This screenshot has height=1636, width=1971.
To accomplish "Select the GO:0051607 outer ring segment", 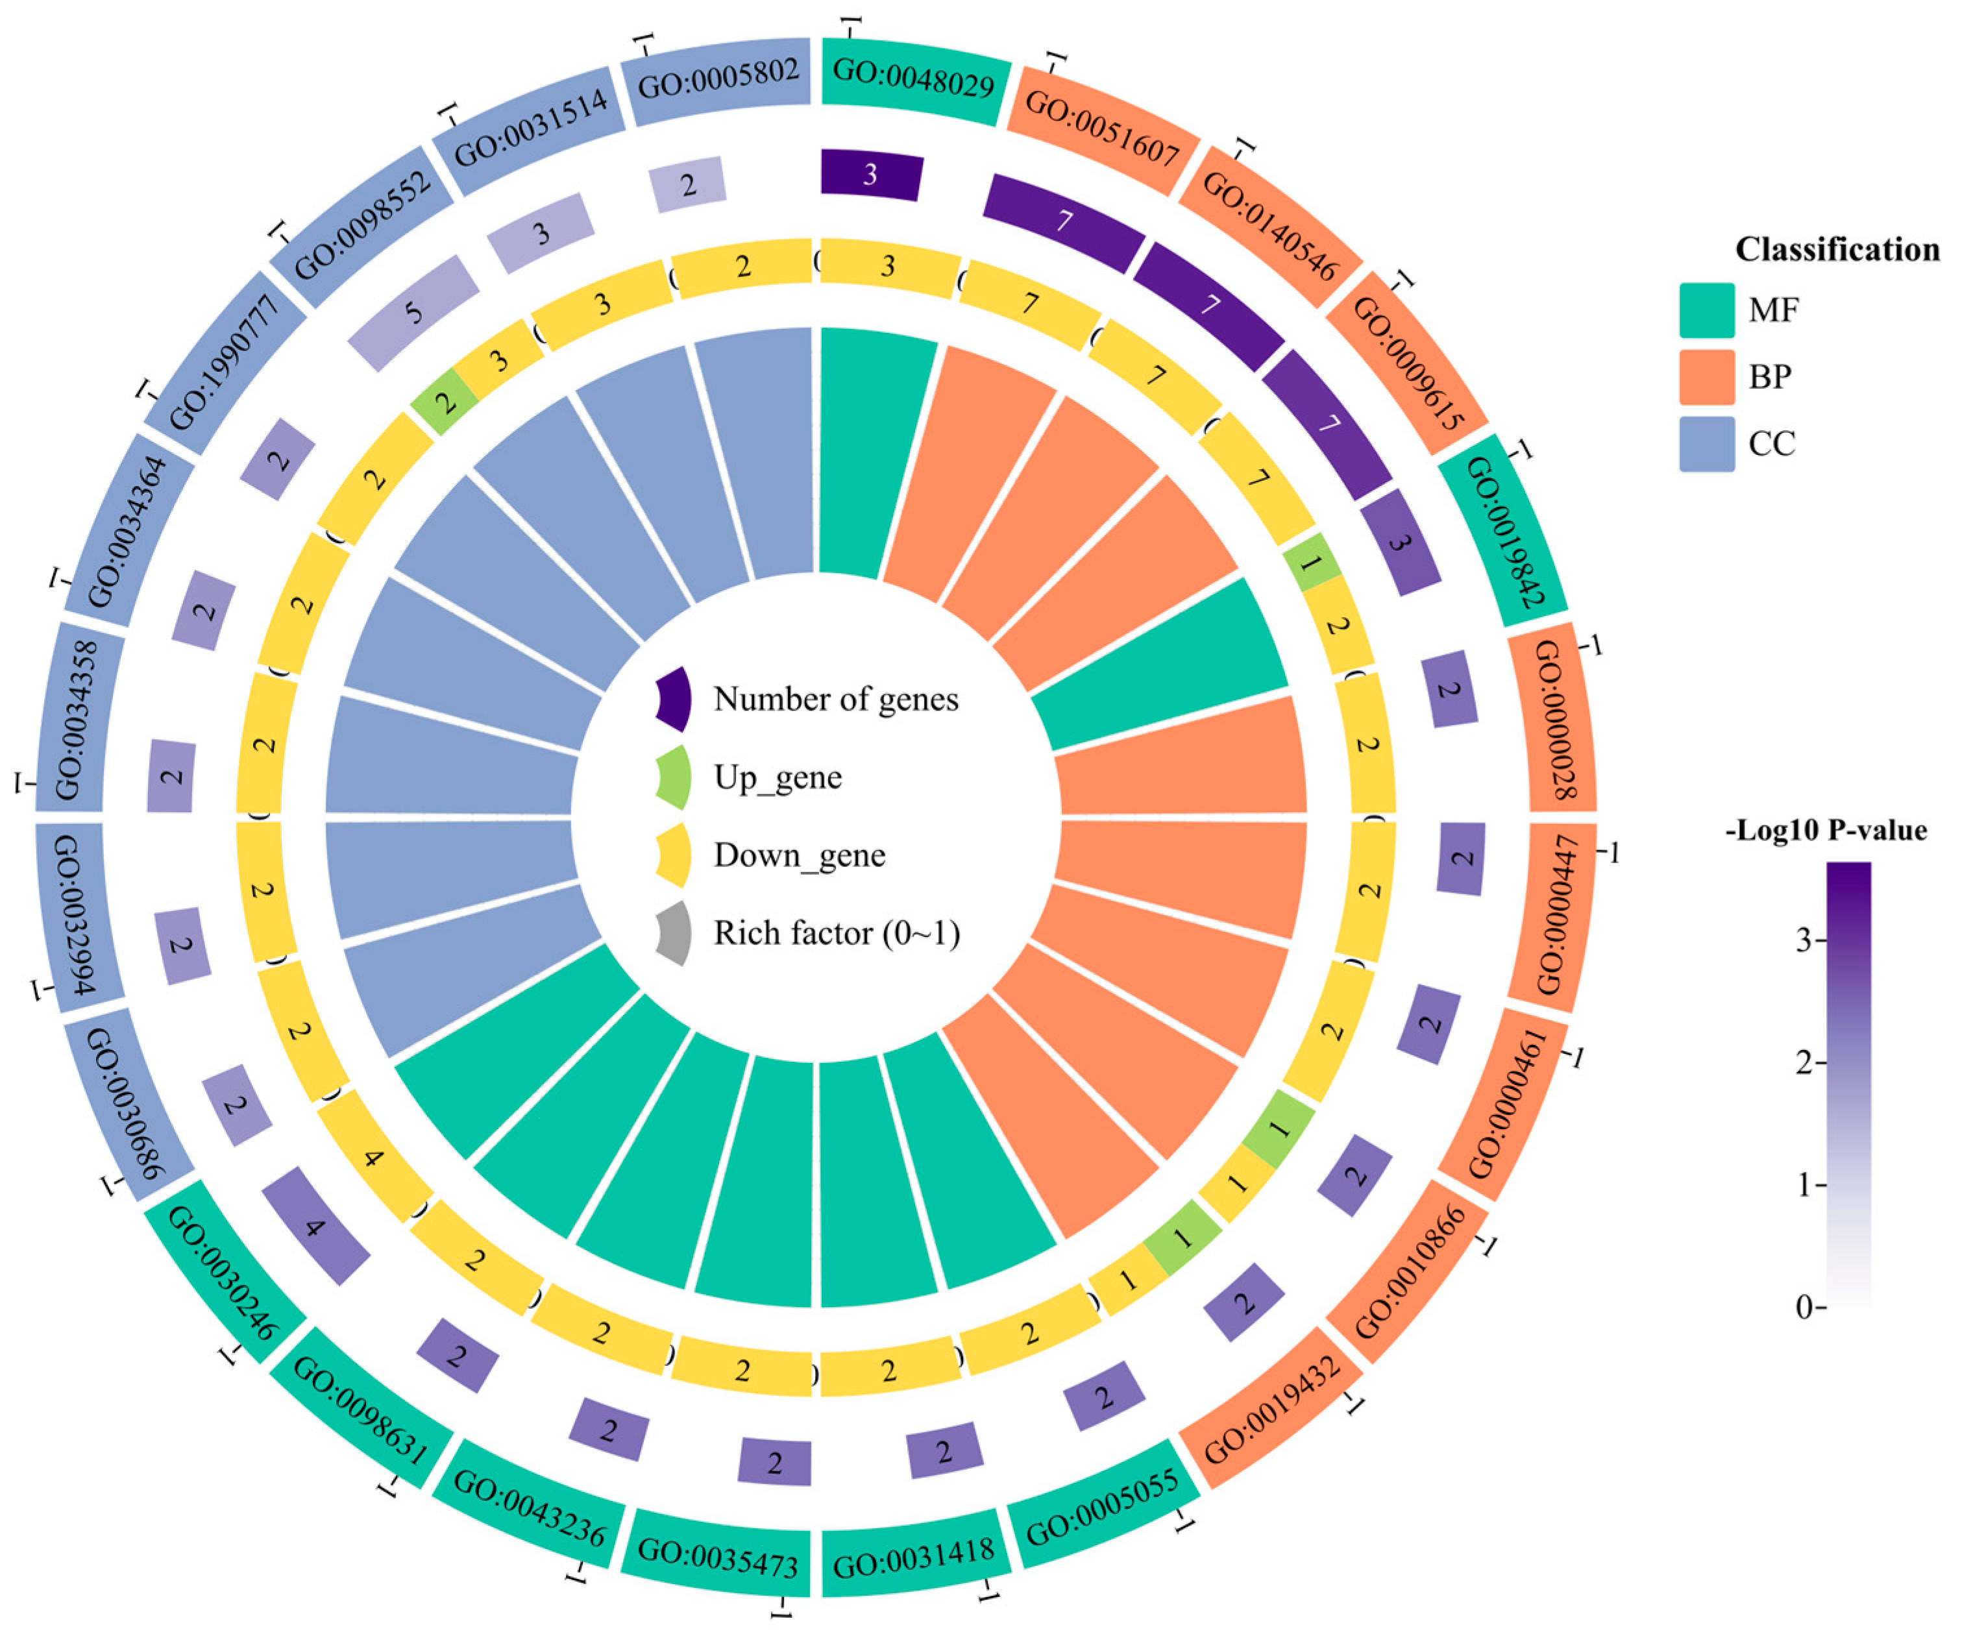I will coord(1102,128).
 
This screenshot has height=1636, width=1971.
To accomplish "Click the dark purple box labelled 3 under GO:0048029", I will coord(871,175).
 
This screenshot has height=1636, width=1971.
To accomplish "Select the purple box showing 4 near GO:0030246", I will coord(315,1226).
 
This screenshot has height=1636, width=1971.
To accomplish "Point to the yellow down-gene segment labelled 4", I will coord(374,1157).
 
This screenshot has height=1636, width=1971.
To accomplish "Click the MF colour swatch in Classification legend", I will coord(1706,310).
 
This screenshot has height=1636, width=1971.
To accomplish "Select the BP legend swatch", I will coord(1706,377).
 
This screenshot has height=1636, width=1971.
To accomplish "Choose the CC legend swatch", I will coord(1706,443).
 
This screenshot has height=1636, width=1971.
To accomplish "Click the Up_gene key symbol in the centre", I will coord(674,778).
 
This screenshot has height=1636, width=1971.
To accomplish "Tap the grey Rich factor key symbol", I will coord(674,934).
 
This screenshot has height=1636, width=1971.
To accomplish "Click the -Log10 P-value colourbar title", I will coord(1826,831).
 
